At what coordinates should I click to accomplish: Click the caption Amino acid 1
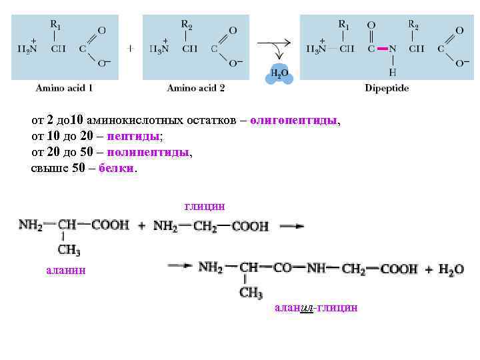pyautogui.click(x=64, y=87)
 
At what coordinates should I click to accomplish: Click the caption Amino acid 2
pyautogui.click(x=196, y=87)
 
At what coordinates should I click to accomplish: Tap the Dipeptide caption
pyautogui.click(x=387, y=87)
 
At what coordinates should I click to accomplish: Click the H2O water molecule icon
pyautogui.click(x=279, y=73)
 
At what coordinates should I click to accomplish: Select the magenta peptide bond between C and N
pyautogui.click(x=382, y=49)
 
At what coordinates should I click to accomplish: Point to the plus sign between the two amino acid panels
pyautogui.click(x=131, y=49)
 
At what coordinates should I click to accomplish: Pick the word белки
pyautogui.click(x=116, y=168)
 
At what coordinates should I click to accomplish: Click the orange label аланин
pyautogui.click(x=65, y=271)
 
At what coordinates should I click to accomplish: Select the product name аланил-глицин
pyautogui.click(x=316, y=307)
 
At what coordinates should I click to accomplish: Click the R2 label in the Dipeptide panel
pyautogui.click(x=413, y=25)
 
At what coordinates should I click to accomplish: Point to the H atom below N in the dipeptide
pyautogui.click(x=393, y=71)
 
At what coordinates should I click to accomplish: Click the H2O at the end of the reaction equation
pyautogui.click(x=451, y=269)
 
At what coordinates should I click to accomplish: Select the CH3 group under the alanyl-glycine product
pyautogui.click(x=251, y=293)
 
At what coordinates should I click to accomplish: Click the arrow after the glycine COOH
pyautogui.click(x=291, y=226)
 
